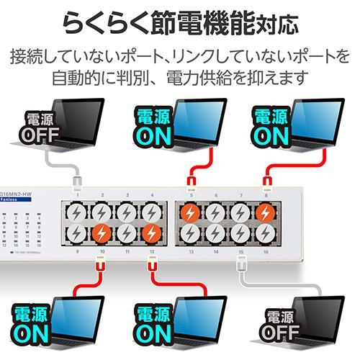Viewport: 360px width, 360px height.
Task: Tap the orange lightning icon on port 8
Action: pyautogui.click(x=266, y=214)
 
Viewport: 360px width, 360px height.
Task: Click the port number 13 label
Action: pyautogui.click(x=191, y=253)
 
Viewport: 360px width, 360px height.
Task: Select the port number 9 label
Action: pyautogui.click(x=76, y=253)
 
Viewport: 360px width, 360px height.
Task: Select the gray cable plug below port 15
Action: pyautogui.click(x=241, y=264)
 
